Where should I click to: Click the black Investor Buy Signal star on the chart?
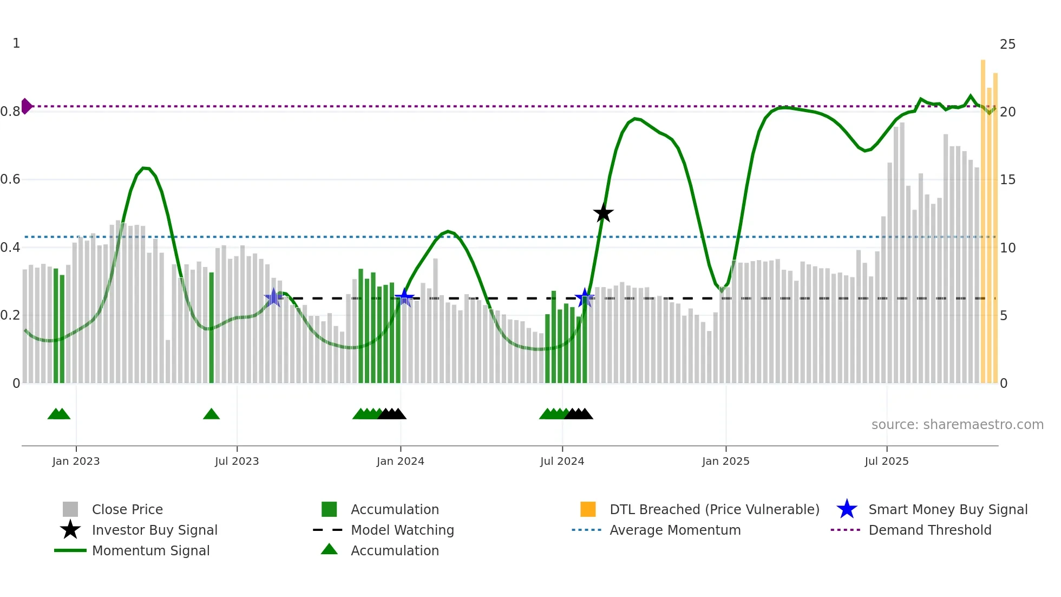(603, 213)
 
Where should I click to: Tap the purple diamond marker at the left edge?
(26, 106)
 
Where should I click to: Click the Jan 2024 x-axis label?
(400, 461)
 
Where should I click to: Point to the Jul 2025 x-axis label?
(886, 461)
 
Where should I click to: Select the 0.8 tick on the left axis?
(11, 112)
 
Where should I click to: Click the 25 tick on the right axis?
(1007, 44)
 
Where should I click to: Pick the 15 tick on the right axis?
(1007, 180)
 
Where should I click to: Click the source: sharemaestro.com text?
(957, 424)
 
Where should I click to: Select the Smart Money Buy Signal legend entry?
(947, 509)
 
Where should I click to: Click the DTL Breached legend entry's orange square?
(588, 509)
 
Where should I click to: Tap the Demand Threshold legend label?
(929, 530)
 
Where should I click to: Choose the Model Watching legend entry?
(402, 530)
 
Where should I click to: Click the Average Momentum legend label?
(674, 530)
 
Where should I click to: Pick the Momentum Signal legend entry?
(150, 550)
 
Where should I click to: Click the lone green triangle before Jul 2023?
(211, 414)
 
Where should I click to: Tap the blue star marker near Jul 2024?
(584, 297)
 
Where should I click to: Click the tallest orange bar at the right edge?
(983, 222)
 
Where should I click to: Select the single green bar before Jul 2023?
(212, 328)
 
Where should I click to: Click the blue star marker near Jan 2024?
(404, 297)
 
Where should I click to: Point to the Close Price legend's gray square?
(70, 509)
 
